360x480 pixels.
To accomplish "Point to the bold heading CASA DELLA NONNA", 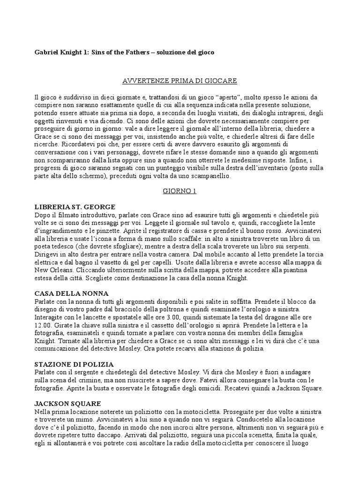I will [66, 293].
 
